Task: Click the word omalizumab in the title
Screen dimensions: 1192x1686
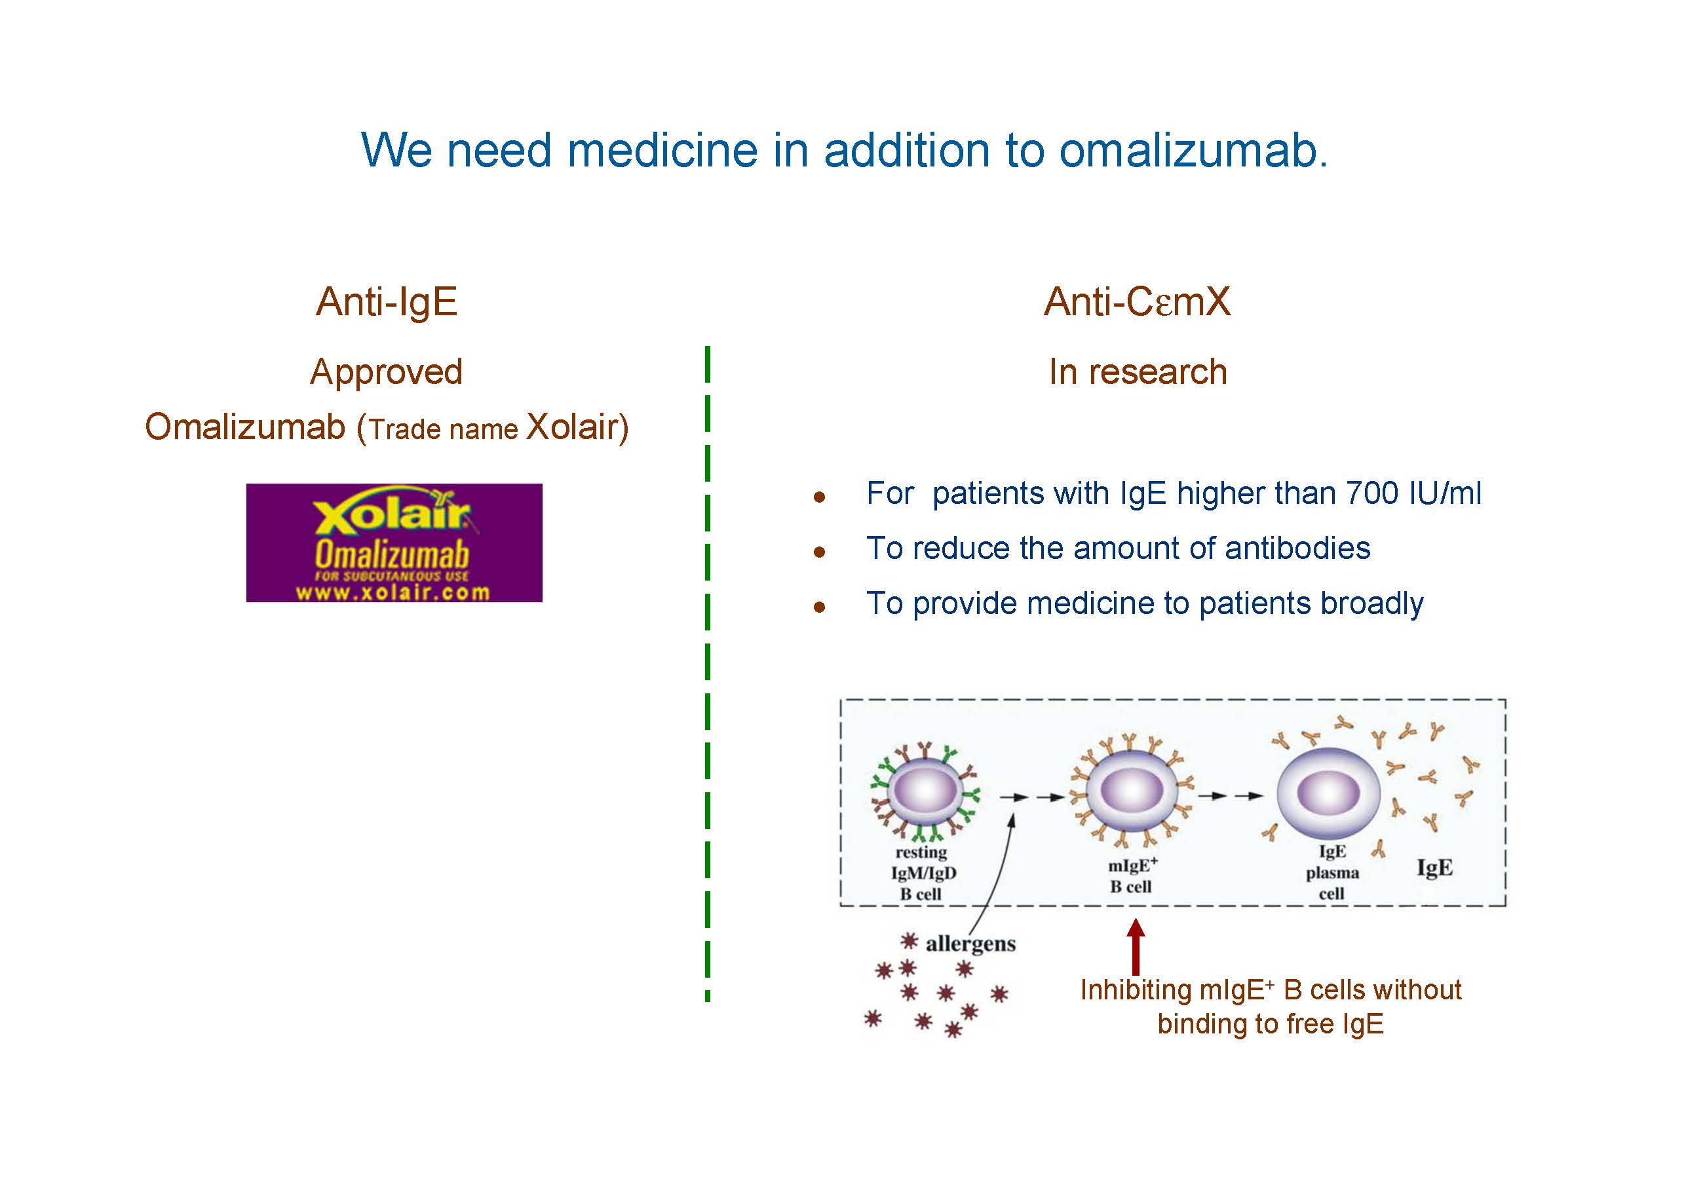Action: [1193, 151]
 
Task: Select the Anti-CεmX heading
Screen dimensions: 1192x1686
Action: [1137, 301]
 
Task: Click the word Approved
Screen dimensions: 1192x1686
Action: [386, 372]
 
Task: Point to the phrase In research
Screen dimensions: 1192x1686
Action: [1138, 372]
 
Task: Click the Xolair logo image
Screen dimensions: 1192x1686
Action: [394, 542]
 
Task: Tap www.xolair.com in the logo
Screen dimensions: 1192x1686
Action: [393, 592]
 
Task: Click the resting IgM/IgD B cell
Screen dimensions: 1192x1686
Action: [925, 792]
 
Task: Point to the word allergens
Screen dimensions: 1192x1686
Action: [970, 944]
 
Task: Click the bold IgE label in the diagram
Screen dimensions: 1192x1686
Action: [1434, 868]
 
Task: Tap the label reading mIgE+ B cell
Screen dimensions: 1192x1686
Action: [1132, 875]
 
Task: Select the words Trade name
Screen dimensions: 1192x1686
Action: [444, 430]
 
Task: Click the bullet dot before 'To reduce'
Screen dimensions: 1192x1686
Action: [820, 552]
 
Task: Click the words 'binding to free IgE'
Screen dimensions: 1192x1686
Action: [1271, 1024]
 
